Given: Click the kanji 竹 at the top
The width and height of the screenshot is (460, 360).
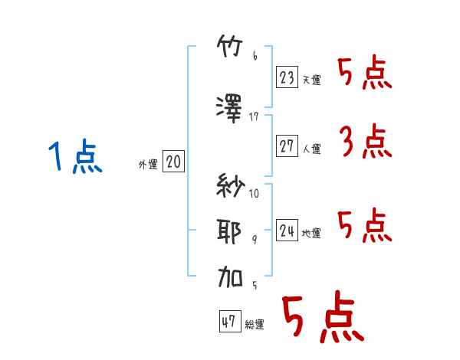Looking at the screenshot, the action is pos(230,46).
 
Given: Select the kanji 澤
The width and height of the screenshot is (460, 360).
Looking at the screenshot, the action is pos(229,109).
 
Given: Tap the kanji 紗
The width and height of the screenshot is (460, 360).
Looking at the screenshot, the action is pos(230,185).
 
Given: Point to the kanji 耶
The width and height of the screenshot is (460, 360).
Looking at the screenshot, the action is pos(229,231).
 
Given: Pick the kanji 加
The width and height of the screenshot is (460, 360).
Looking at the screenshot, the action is pos(230,277).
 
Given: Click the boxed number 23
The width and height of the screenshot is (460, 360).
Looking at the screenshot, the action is pos(287,77).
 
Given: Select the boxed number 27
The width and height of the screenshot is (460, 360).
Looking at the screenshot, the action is pos(287,146).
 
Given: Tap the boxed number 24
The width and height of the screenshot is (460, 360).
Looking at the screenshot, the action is pos(287,230).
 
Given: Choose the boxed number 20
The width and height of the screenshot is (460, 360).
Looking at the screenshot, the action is pos(173,161).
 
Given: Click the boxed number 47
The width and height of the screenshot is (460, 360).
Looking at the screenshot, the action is pos(230,321).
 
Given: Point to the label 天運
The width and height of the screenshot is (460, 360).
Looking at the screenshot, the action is pos(312,80).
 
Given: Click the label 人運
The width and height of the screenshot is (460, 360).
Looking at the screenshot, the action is pos(312,149).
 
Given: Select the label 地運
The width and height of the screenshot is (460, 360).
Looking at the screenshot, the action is pos(311,233).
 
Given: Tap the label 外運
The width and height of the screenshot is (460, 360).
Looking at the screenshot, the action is pos(148,165).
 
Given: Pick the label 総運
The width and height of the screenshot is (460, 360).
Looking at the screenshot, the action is pos(255,325).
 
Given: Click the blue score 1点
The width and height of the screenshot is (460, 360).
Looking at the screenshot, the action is pos(75,156).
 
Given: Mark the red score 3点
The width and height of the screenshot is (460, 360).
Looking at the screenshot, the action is pos(366,141).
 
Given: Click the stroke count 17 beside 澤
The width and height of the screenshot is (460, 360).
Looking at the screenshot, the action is pos(254,116).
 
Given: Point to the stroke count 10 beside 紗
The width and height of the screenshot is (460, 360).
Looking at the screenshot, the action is pos(254,193).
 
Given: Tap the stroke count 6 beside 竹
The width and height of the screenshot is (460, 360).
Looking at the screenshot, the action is pos(255,56).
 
